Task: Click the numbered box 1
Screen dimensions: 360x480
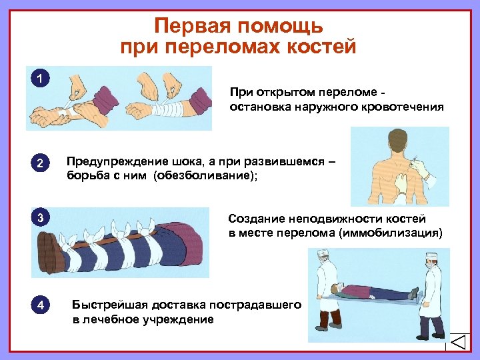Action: pyautogui.click(x=41, y=79)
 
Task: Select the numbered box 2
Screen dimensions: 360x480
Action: pyautogui.click(x=41, y=163)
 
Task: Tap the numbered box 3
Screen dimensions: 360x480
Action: pyautogui.click(x=41, y=218)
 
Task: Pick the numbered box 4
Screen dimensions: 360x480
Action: pyautogui.click(x=41, y=305)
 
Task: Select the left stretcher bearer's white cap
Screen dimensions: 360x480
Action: pyautogui.click(x=322, y=253)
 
